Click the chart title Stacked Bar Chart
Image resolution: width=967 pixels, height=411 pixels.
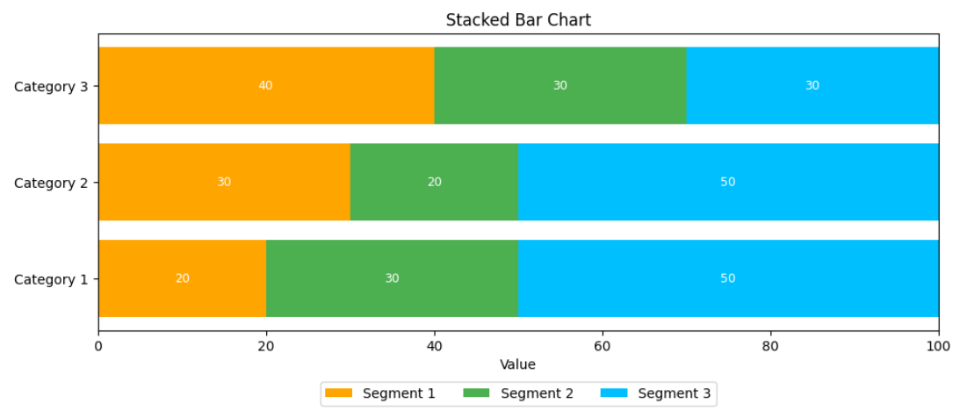518,19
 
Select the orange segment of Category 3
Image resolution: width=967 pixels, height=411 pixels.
266,86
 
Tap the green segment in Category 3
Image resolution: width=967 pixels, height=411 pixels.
560,86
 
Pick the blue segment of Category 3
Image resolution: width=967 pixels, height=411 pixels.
812,86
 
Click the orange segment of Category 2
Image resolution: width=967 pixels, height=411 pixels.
225,182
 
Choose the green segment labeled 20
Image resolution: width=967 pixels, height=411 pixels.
434,182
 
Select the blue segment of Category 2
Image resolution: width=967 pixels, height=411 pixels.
728,182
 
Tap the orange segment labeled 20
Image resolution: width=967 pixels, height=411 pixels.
183,278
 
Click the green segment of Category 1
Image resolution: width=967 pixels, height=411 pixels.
393,278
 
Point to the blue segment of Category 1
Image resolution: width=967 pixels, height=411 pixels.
728,278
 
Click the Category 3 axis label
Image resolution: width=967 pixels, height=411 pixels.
51,86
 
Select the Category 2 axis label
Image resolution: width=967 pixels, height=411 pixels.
51,183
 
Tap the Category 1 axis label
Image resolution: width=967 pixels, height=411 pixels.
51,279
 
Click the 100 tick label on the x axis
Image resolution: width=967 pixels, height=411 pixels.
938,347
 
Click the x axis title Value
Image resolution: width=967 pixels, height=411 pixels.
518,364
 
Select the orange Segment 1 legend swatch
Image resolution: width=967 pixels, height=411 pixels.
338,393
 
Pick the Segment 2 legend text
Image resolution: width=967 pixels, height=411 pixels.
538,393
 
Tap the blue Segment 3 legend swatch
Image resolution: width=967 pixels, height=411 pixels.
614,393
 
